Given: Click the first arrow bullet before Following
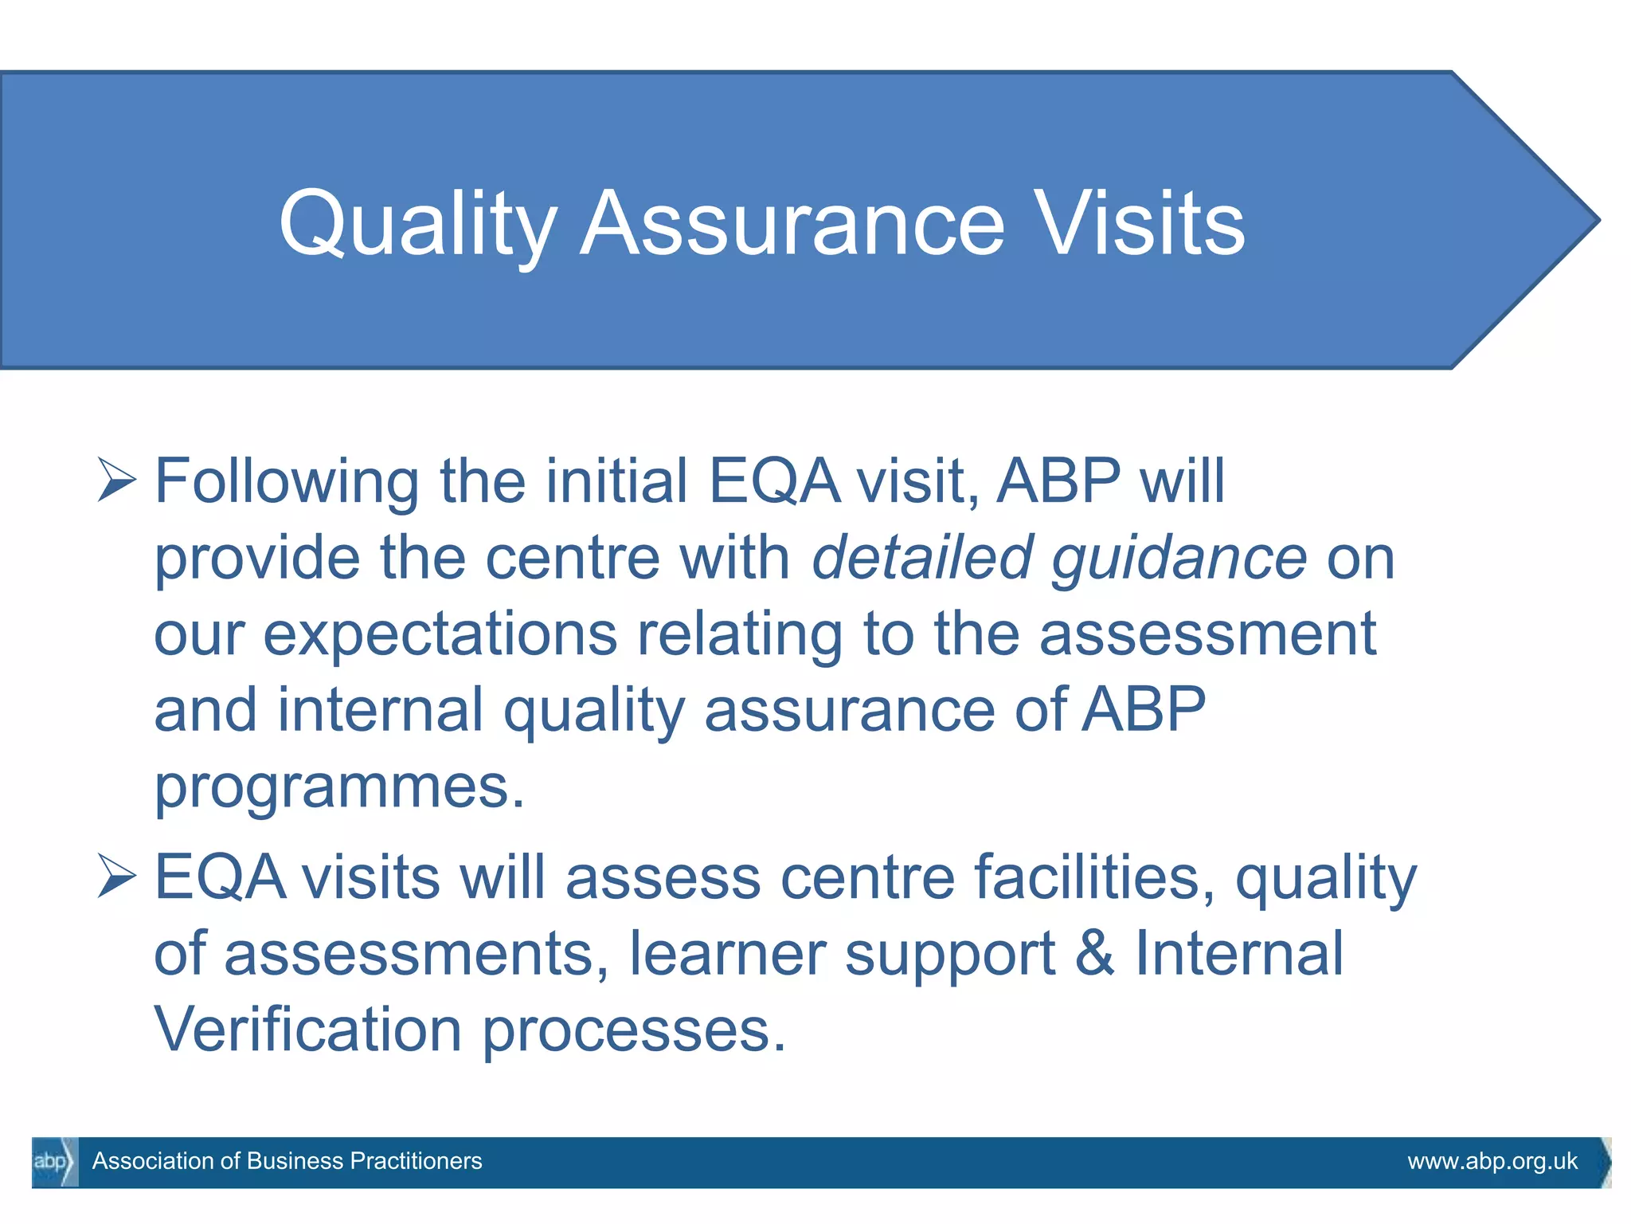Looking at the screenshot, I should pos(116,480).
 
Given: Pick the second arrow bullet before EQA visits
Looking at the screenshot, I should pos(116,876).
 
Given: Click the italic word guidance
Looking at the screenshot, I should pos(1179,557).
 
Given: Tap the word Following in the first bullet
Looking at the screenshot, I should pos(286,481).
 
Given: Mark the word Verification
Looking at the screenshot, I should pos(307,1030).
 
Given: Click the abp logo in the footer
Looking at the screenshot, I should pos(53,1162).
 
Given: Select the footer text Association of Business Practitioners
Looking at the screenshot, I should pos(287,1161).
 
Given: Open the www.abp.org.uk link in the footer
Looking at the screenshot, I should pos(1492,1161).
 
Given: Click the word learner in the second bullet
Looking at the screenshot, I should pos(727,953).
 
